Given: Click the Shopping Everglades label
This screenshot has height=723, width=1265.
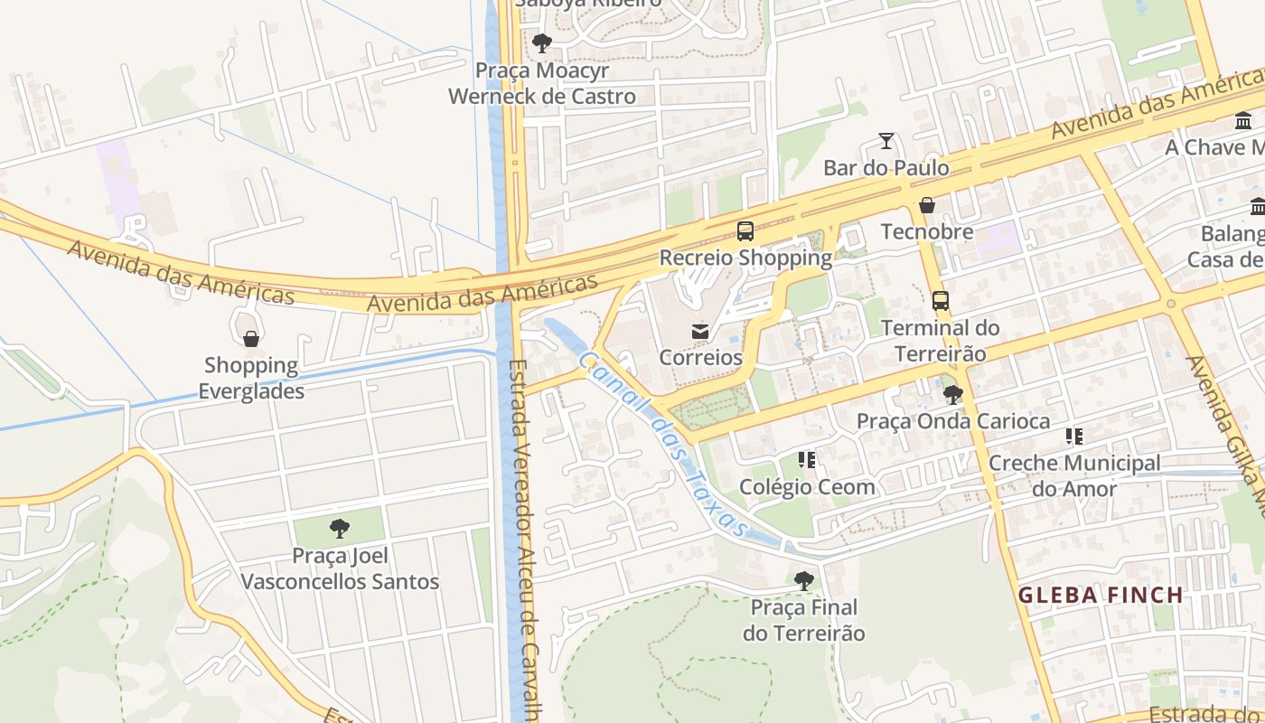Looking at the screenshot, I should click(x=251, y=379).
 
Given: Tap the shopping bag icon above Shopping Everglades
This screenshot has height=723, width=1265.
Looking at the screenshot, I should click(x=251, y=339).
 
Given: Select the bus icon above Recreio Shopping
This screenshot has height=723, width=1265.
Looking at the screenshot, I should click(x=745, y=231).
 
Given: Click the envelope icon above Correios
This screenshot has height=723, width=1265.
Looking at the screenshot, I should click(x=700, y=332).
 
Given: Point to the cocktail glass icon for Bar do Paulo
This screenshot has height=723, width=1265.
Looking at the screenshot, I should click(x=886, y=141).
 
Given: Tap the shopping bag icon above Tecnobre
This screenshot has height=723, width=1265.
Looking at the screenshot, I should click(x=927, y=205).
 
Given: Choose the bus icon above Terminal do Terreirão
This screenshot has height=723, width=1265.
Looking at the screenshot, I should click(x=941, y=301).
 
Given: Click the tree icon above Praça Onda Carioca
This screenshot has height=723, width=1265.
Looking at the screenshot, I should click(x=952, y=395).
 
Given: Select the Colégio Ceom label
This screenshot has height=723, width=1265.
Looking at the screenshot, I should click(x=807, y=487).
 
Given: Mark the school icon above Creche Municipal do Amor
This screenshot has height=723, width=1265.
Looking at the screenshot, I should click(x=1074, y=437).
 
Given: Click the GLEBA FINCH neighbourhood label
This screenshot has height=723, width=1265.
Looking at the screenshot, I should click(x=1101, y=595).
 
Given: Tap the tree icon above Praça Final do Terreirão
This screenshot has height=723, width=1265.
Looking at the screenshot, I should click(x=803, y=580).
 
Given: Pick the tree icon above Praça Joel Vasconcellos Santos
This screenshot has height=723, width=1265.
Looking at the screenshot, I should click(x=340, y=529).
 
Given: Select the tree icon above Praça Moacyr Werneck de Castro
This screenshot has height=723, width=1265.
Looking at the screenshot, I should click(x=542, y=43).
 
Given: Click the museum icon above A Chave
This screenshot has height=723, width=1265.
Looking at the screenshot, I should click(x=1243, y=121).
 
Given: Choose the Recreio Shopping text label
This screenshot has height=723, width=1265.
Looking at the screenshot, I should click(x=745, y=258).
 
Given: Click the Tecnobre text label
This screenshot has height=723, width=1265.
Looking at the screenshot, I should click(x=927, y=231).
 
